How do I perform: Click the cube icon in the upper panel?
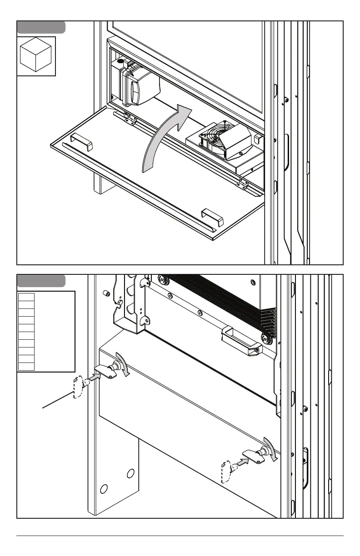(x=36, y=56)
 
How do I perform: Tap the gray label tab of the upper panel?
(x=41, y=27)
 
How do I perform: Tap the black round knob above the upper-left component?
(x=120, y=61)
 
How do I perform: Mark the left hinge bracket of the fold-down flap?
(x=127, y=118)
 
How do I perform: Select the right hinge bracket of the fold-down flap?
(x=243, y=183)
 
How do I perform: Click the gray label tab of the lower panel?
(x=41, y=281)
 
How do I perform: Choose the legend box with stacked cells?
(x=45, y=332)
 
